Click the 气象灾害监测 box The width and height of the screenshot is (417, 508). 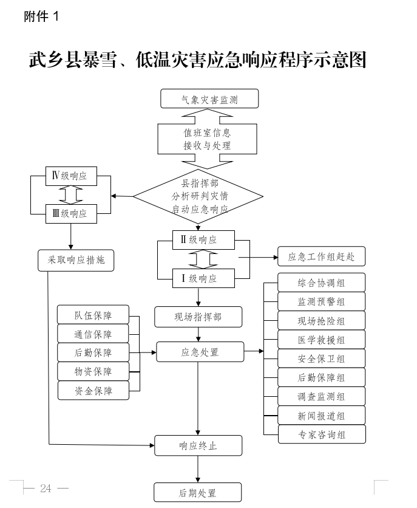pos(209,98)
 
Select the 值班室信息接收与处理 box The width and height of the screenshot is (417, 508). pos(208,139)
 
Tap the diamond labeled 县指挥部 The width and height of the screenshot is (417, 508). pos(198,196)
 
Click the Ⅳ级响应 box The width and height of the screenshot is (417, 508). pos(71,176)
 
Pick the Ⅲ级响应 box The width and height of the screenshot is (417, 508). pos(71,213)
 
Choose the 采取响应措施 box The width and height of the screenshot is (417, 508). pos(76,260)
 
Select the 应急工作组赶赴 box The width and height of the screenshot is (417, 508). pos(321,256)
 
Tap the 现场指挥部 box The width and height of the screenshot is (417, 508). pos(198,317)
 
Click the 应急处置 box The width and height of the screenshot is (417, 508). pos(200,352)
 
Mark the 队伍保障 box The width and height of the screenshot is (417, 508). pos(93,315)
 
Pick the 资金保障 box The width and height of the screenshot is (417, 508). pos(93,391)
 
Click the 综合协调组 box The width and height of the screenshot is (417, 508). pos(322,283)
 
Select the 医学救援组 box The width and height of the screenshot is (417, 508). pos(322,340)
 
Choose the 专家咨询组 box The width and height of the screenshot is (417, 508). pos(322,434)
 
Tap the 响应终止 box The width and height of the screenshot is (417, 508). pos(198,446)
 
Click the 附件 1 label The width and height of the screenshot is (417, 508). pos(41,17)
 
